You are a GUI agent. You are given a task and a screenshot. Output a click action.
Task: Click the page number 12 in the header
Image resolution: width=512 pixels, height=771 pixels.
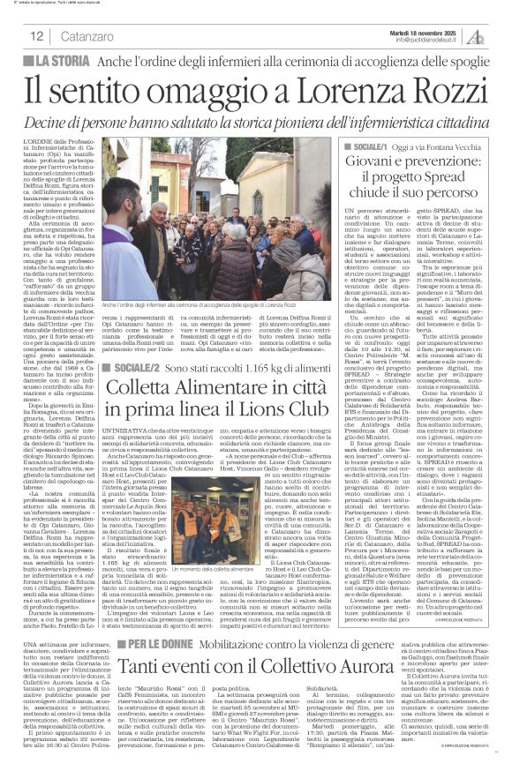point(37,36)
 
